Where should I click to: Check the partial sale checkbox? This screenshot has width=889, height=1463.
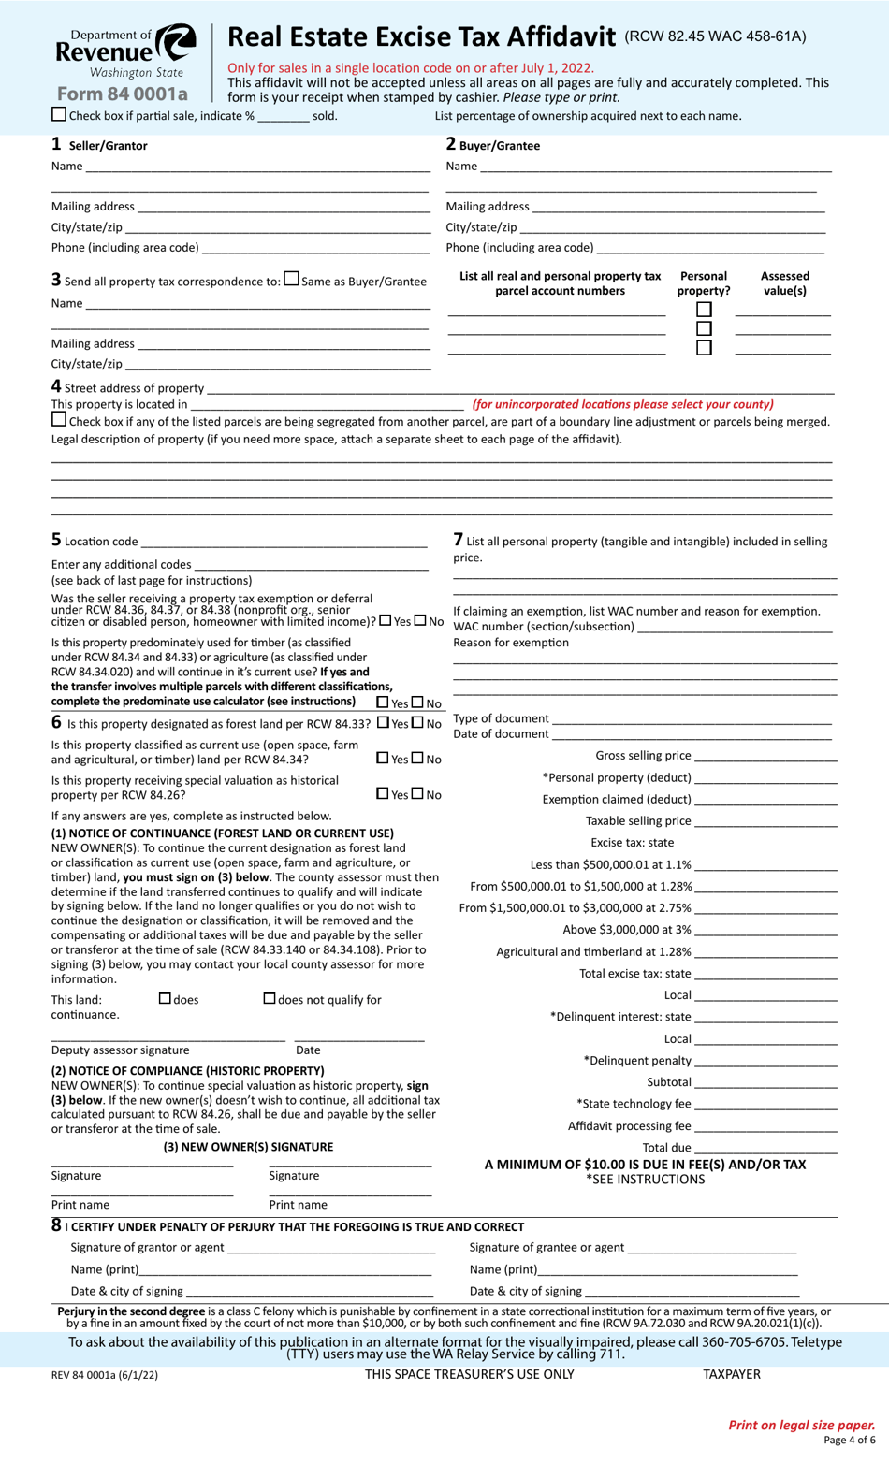click(x=59, y=114)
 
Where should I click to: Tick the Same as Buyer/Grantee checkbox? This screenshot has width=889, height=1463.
click(x=291, y=279)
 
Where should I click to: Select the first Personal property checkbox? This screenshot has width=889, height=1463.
click(x=704, y=310)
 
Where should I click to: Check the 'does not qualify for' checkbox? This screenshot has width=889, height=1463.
click(x=270, y=999)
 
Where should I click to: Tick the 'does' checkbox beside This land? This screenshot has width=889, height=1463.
click(x=165, y=999)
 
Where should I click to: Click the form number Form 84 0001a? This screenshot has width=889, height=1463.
click(x=122, y=94)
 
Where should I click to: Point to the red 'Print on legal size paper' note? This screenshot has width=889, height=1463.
click(x=801, y=1425)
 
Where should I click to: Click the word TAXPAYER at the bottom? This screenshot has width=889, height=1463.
click(x=731, y=1374)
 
